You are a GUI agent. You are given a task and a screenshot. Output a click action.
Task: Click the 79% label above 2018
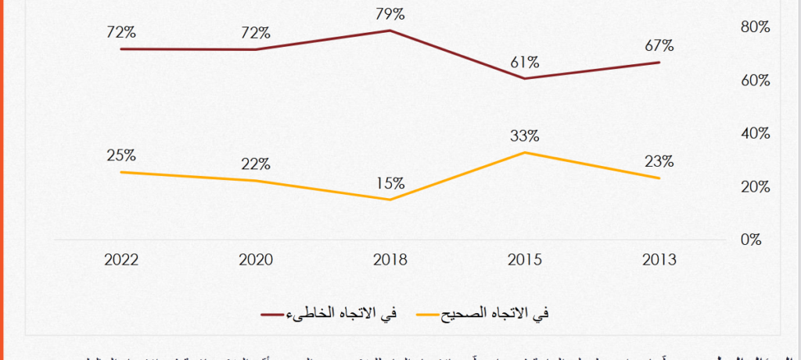tap(390, 14)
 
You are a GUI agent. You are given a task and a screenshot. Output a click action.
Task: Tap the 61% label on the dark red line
tap(524, 62)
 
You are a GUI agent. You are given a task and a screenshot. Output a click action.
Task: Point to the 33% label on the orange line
tap(524, 135)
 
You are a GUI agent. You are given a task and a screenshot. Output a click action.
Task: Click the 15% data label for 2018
tap(390, 183)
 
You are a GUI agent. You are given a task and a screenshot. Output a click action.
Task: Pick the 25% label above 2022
tap(121, 155)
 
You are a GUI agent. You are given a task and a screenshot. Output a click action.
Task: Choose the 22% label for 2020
tap(256, 164)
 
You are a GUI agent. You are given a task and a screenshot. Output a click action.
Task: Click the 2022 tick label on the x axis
tap(121, 260)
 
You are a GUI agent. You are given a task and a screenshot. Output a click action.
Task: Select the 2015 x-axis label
tap(524, 260)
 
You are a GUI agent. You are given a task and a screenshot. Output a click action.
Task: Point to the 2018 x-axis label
tap(390, 260)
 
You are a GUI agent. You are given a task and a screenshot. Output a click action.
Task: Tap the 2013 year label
tap(659, 260)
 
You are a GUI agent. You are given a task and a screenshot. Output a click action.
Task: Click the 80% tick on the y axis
tap(755, 27)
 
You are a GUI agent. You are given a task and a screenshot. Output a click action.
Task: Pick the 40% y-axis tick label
tap(755, 133)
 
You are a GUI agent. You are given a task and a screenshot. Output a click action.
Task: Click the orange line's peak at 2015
tap(524, 152)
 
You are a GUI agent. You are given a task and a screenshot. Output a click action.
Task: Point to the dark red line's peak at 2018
tap(390, 31)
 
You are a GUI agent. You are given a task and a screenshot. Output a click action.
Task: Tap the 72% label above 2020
tap(256, 33)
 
